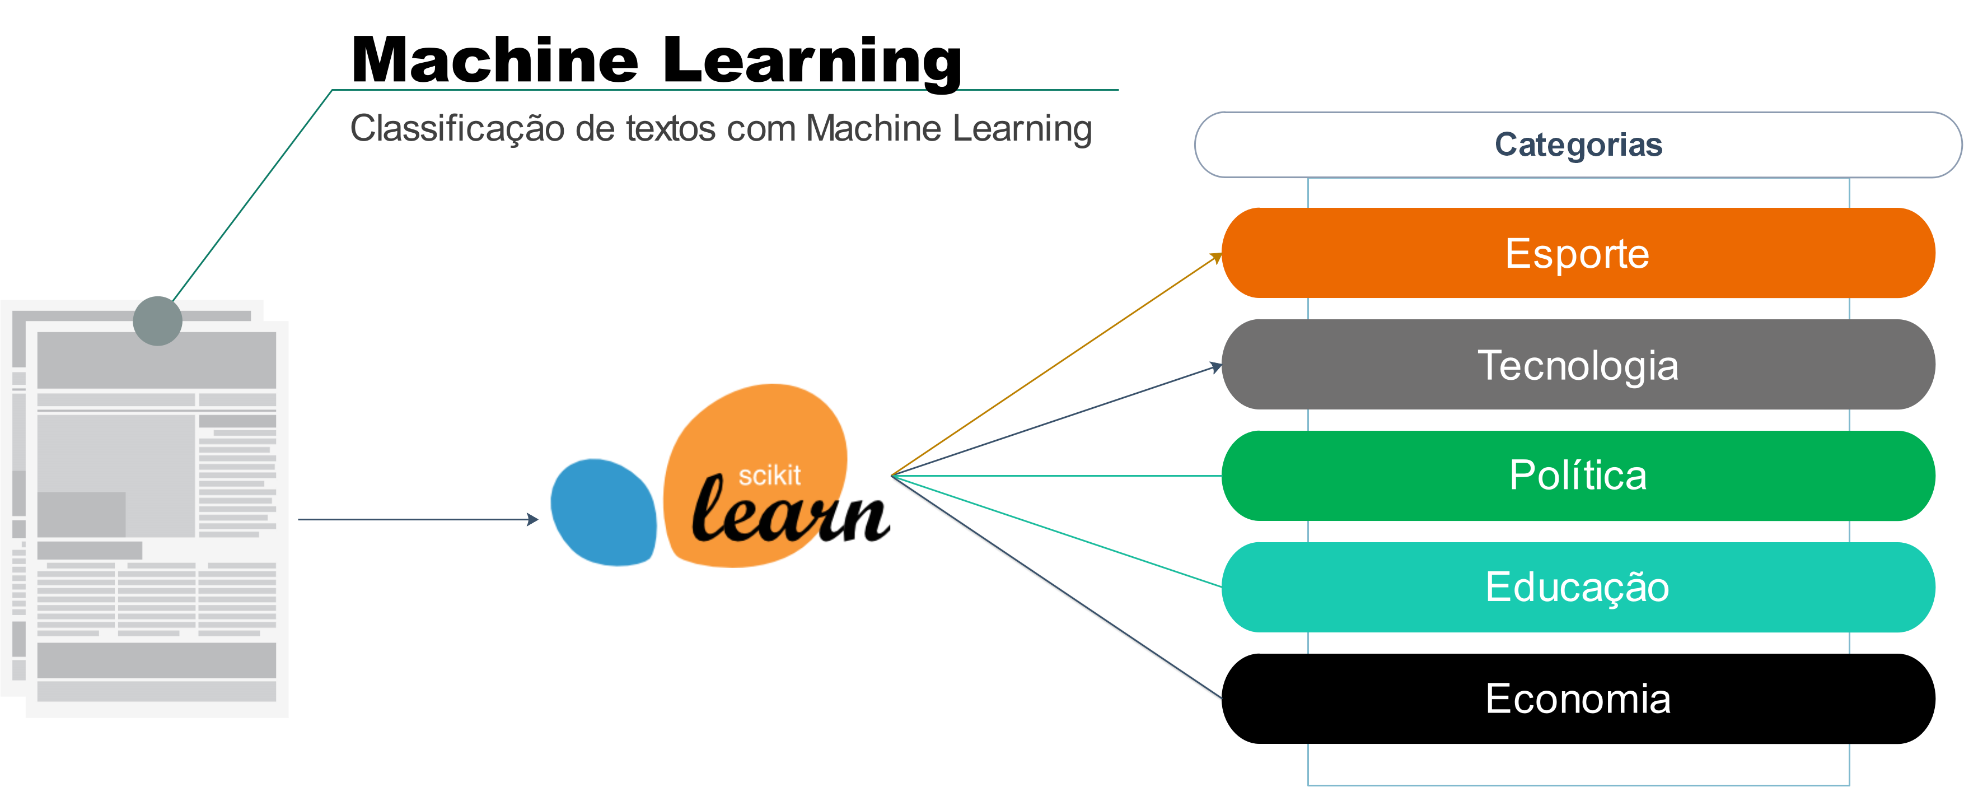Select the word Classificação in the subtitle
tap(457, 128)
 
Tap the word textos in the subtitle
tap(670, 128)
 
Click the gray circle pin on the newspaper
tap(157, 321)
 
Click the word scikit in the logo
tap(769, 476)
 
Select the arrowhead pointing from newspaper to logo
tap(533, 519)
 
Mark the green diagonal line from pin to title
tap(251, 194)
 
